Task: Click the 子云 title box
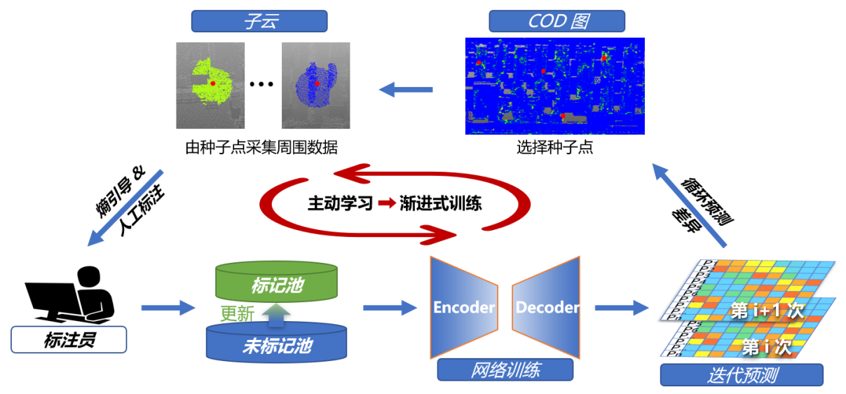click(x=259, y=21)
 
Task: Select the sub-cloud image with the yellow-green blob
click(x=210, y=85)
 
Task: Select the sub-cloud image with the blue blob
click(x=315, y=85)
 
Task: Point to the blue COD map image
click(x=554, y=86)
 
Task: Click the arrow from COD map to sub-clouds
click(x=407, y=89)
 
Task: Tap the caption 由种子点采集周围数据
click(x=261, y=148)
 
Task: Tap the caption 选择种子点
click(x=554, y=148)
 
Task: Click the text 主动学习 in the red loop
click(x=340, y=203)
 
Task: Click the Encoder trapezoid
click(x=463, y=306)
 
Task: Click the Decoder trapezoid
click(x=547, y=306)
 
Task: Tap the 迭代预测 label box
click(x=741, y=374)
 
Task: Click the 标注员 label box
click(x=69, y=341)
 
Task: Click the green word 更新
click(x=237, y=313)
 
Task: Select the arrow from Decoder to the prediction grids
click(x=621, y=307)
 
